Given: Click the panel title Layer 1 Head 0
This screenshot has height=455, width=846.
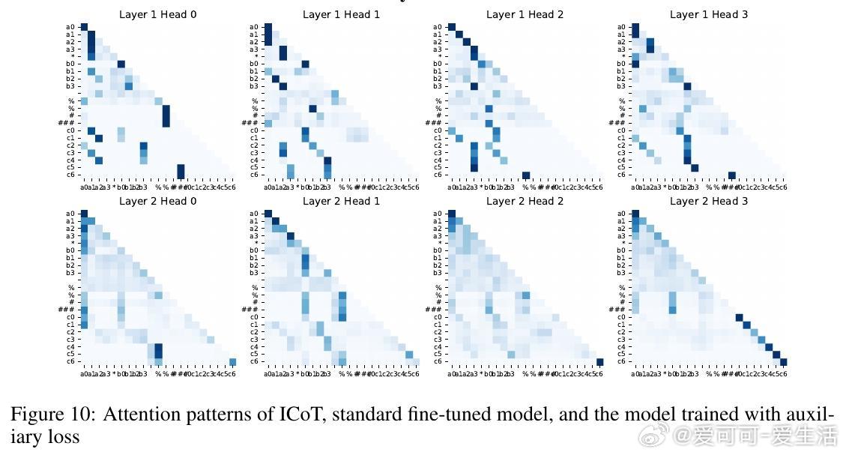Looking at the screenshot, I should point(157,14).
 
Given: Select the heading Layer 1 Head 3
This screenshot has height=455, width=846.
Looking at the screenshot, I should point(708,14).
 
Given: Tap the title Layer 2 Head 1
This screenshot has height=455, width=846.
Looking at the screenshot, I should point(341,201).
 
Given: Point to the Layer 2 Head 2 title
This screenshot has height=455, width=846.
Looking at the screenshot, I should point(525,201).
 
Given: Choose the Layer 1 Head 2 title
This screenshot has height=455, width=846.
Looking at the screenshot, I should point(525,14).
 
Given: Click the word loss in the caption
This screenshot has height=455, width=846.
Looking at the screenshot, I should point(64,436).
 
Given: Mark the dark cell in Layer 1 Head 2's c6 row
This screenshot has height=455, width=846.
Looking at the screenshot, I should point(526,175).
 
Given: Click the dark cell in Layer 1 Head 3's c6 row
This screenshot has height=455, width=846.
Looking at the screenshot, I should point(732,175).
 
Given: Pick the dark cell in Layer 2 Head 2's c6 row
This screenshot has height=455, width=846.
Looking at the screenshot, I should point(600,362).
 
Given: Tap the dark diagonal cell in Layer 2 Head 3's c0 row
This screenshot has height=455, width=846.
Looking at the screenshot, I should point(739,318).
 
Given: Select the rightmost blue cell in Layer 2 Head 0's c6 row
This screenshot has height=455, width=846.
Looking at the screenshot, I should point(232,362).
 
